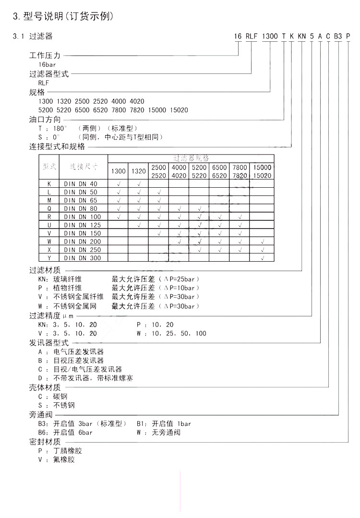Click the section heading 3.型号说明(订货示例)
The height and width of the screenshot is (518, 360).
tap(63, 17)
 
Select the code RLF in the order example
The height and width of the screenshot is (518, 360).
tap(252, 36)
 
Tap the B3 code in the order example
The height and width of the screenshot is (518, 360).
tap(338, 36)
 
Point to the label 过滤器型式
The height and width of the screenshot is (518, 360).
tap(49, 74)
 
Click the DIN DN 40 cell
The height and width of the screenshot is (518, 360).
tap(81, 184)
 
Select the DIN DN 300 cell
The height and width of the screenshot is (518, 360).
tap(82, 258)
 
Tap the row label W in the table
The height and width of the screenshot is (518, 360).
tap(49, 241)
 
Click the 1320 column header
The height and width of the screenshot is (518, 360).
tap(138, 171)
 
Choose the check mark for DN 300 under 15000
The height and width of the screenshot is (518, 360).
tap(262, 258)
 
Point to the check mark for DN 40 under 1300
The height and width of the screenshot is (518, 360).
tap(118, 184)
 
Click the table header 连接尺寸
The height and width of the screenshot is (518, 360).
tap(84, 167)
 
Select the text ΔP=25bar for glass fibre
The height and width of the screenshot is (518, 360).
tap(181, 279)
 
